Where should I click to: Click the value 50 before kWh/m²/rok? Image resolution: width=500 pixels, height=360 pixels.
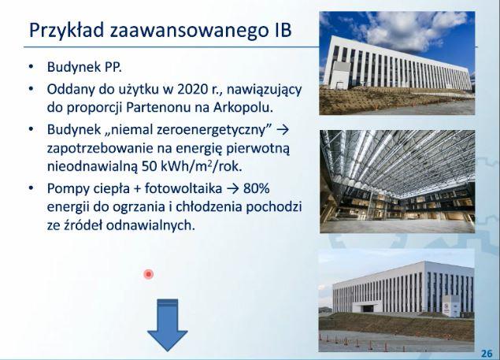tap(150, 166)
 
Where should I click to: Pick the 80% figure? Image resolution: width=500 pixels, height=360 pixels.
tap(257, 188)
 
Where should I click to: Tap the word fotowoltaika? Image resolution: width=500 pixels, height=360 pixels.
tap(183, 188)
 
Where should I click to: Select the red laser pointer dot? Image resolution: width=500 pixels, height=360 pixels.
tap(149, 274)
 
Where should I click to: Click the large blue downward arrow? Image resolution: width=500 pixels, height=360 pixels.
tap(168, 325)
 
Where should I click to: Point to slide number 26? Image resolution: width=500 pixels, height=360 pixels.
tap(487, 353)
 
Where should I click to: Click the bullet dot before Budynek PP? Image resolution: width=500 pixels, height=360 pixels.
tap(31, 67)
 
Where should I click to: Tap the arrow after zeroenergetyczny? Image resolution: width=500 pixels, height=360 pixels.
tap(283, 130)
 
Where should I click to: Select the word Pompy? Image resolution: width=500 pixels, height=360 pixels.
tap(68, 189)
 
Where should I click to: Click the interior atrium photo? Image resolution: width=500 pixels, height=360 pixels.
tap(398, 181)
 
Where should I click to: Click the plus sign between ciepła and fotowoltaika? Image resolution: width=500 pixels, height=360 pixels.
tap(138, 189)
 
